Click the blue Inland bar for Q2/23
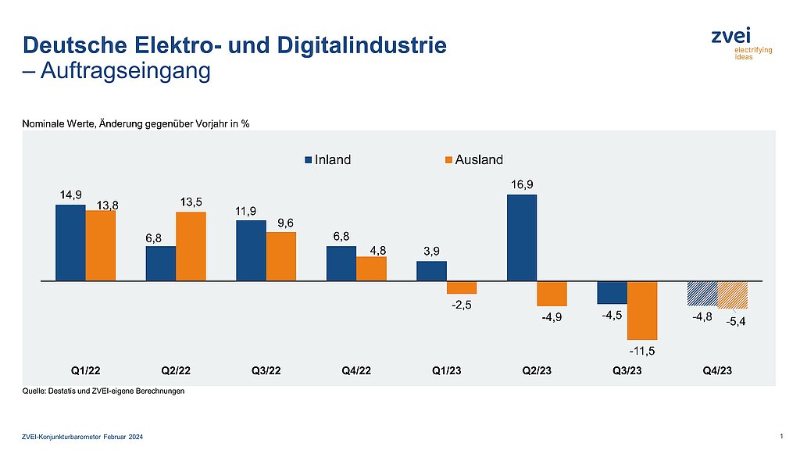click(x=522, y=237)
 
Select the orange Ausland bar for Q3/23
click(x=642, y=309)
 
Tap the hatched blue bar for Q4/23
click(x=702, y=293)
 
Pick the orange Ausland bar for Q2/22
click(x=191, y=246)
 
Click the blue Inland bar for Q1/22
click(x=70, y=242)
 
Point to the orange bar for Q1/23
click(x=462, y=287)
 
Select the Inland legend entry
click(x=328, y=160)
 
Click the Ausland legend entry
click(x=473, y=160)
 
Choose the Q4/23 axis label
click(x=717, y=370)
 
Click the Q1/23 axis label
click(x=447, y=370)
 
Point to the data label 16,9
click(x=522, y=184)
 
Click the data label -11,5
click(x=642, y=351)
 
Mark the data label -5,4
click(x=735, y=321)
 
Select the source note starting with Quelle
click(x=103, y=391)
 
